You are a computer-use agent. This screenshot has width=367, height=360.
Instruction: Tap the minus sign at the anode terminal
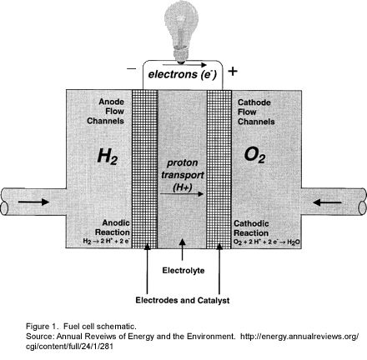click(131, 68)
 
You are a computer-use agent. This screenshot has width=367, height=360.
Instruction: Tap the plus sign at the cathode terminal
click(233, 72)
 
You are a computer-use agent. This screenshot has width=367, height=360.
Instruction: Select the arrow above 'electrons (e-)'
click(184, 65)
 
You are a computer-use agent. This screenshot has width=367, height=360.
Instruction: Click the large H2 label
click(108, 157)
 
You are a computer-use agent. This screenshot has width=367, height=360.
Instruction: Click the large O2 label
click(254, 155)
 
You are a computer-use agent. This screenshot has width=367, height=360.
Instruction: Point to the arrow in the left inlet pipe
click(33, 202)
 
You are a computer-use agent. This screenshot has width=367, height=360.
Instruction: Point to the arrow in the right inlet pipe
click(327, 202)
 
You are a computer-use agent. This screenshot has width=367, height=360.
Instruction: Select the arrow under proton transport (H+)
click(182, 194)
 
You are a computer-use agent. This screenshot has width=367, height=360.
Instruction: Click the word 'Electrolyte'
click(183, 270)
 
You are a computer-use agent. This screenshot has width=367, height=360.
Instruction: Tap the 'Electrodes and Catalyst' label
click(183, 300)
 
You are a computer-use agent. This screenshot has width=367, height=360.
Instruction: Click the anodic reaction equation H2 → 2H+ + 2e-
click(107, 241)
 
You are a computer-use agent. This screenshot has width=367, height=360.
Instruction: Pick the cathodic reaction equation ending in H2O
click(267, 242)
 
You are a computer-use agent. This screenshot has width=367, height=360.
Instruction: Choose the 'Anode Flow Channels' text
click(106, 111)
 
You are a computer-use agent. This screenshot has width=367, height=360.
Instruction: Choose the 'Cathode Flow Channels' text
click(256, 112)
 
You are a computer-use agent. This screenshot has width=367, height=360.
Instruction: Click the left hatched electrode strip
click(144, 169)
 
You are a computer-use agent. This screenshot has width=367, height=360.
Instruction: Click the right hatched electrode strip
click(219, 169)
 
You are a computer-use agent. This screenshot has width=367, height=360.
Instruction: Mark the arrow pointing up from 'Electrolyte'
click(183, 250)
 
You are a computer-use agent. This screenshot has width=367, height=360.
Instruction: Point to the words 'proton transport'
click(183, 169)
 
